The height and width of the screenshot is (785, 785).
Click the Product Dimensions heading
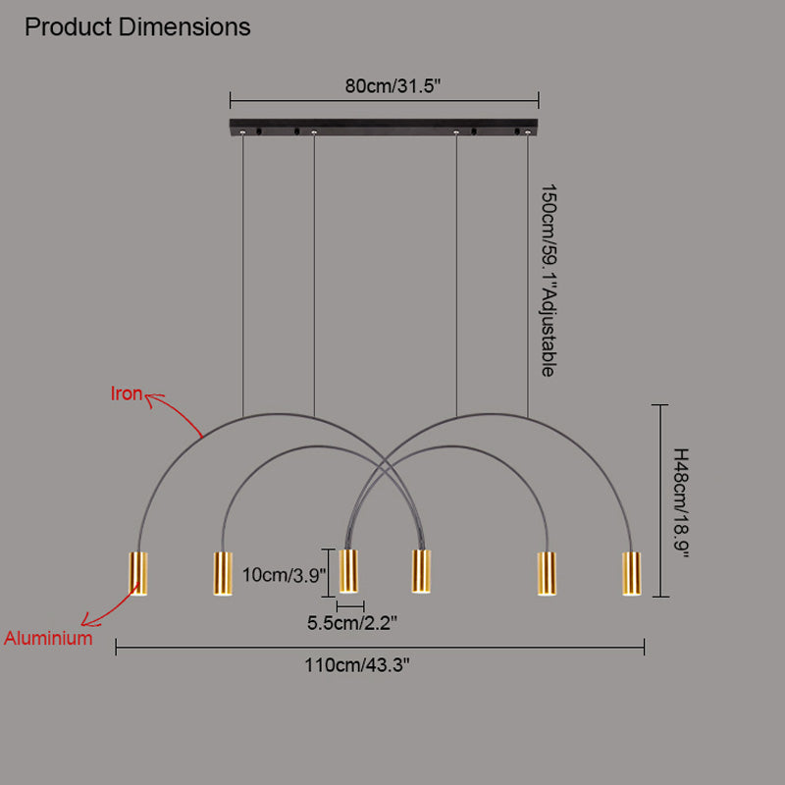137,27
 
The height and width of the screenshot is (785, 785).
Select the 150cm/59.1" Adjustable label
550,281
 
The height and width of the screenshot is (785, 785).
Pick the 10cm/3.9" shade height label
284,576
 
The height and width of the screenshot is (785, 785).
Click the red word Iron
126,394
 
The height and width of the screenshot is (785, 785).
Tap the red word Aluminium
48,638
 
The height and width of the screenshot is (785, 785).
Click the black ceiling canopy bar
384,128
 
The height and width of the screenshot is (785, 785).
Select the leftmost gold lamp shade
138,574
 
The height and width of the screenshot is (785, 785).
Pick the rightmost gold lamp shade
630,573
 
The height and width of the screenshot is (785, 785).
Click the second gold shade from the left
223,573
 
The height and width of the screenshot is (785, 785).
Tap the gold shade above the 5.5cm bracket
348,571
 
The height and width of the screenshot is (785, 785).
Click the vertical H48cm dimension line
663,500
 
